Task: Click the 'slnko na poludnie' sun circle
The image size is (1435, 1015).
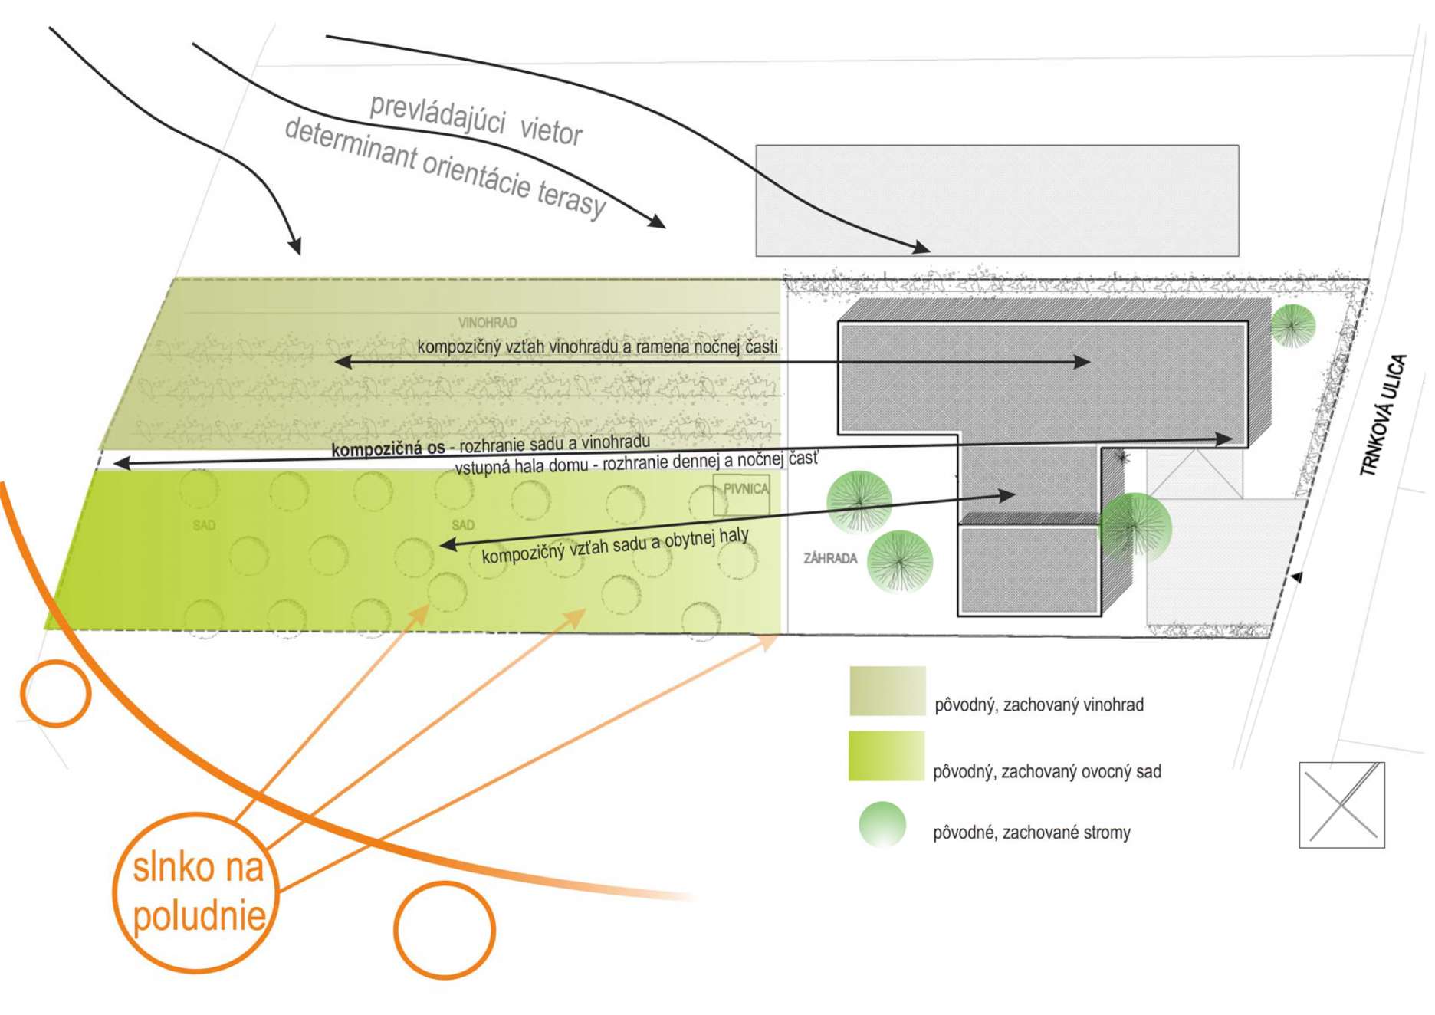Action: coord(196,892)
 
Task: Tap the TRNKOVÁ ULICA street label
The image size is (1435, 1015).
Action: coord(1384,415)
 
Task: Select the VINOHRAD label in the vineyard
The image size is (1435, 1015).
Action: coord(488,323)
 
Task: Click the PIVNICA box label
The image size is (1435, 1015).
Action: coord(743,489)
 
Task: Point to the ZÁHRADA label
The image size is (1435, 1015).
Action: coord(830,558)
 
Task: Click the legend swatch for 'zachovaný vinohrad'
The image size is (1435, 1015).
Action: coord(887,691)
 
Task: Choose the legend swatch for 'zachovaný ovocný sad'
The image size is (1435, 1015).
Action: coord(886,756)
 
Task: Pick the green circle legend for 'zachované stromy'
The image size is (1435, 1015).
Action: coord(882,824)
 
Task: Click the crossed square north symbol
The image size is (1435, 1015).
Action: coord(1341,805)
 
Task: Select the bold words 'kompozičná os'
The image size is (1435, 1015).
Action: coord(388,448)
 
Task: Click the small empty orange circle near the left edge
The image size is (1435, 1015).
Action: coord(56,693)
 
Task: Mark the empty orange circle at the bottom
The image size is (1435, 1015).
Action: coord(445,930)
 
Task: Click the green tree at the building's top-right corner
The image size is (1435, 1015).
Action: coord(1293,325)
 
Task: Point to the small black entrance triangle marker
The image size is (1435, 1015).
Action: coord(1297,577)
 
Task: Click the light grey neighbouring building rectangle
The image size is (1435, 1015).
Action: coord(997,200)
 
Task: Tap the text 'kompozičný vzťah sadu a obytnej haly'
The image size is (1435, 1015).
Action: coord(615,545)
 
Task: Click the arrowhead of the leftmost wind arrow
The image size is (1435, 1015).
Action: coord(295,247)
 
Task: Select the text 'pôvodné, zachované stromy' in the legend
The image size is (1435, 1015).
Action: coord(1031,833)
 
